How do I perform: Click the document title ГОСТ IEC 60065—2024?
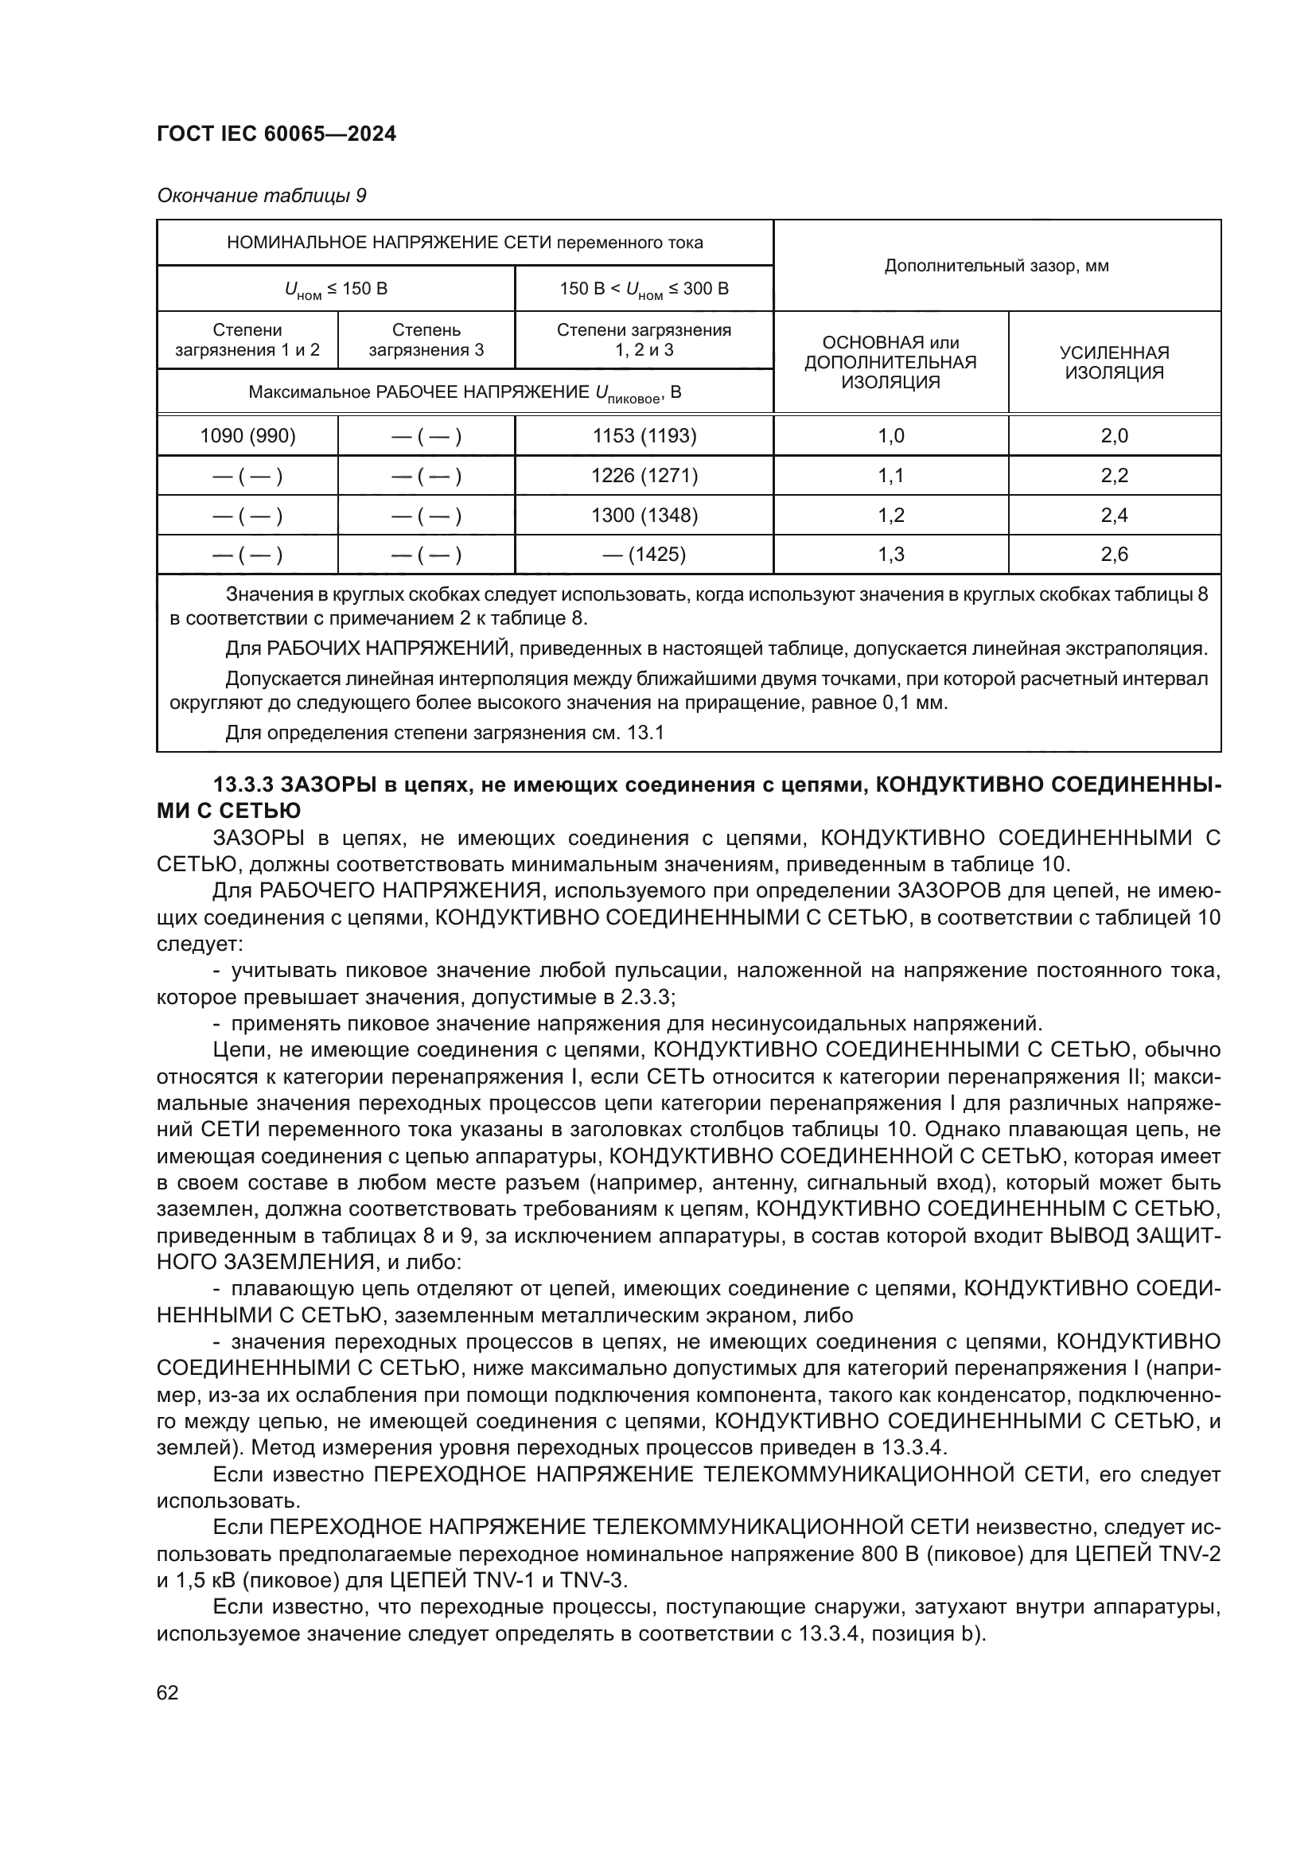pos(276,134)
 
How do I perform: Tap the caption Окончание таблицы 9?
pos(261,197)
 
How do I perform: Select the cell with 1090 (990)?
pos(247,436)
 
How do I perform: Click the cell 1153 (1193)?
pos(644,436)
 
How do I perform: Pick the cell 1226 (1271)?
pos(644,476)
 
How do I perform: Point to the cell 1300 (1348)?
pos(644,516)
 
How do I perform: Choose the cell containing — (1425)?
pos(644,555)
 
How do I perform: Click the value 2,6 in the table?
pos(1114,555)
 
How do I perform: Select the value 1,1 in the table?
pos(890,476)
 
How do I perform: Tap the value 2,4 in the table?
pos(1114,516)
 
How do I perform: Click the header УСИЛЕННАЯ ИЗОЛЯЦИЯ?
pos(1114,362)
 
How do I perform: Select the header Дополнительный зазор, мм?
pos(997,266)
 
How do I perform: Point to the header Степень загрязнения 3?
pos(426,341)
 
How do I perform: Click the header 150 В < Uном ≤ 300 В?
pos(644,290)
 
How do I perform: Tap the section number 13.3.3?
pos(243,785)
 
